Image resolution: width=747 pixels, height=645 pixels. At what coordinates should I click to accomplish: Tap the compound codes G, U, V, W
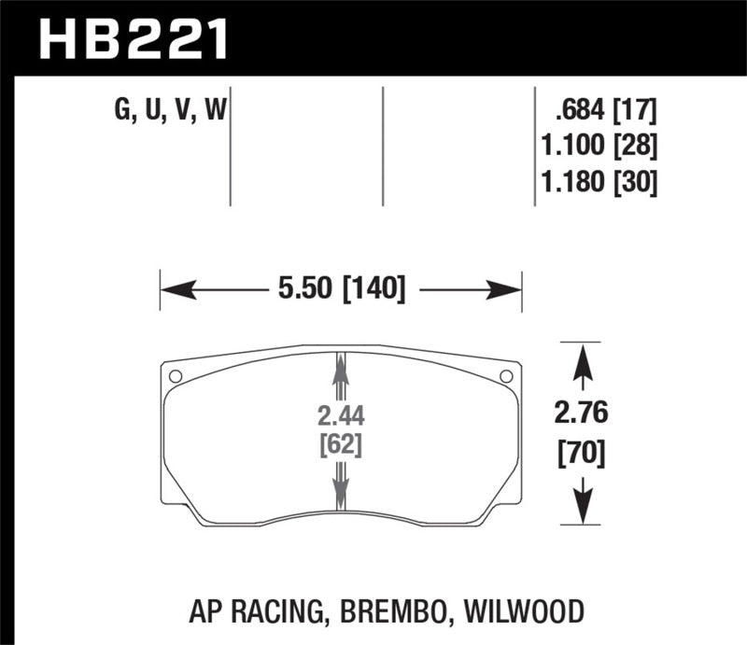click(x=171, y=113)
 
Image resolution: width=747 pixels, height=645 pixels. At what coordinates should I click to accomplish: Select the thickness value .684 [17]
click(x=605, y=113)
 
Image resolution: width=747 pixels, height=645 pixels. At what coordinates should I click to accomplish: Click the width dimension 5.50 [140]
click(x=339, y=289)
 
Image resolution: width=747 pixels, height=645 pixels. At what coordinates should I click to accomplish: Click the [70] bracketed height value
click(x=583, y=455)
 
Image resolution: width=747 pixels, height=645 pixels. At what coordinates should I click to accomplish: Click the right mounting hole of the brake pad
click(x=506, y=376)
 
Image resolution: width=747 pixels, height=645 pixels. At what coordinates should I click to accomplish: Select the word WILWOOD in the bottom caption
click(x=526, y=611)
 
